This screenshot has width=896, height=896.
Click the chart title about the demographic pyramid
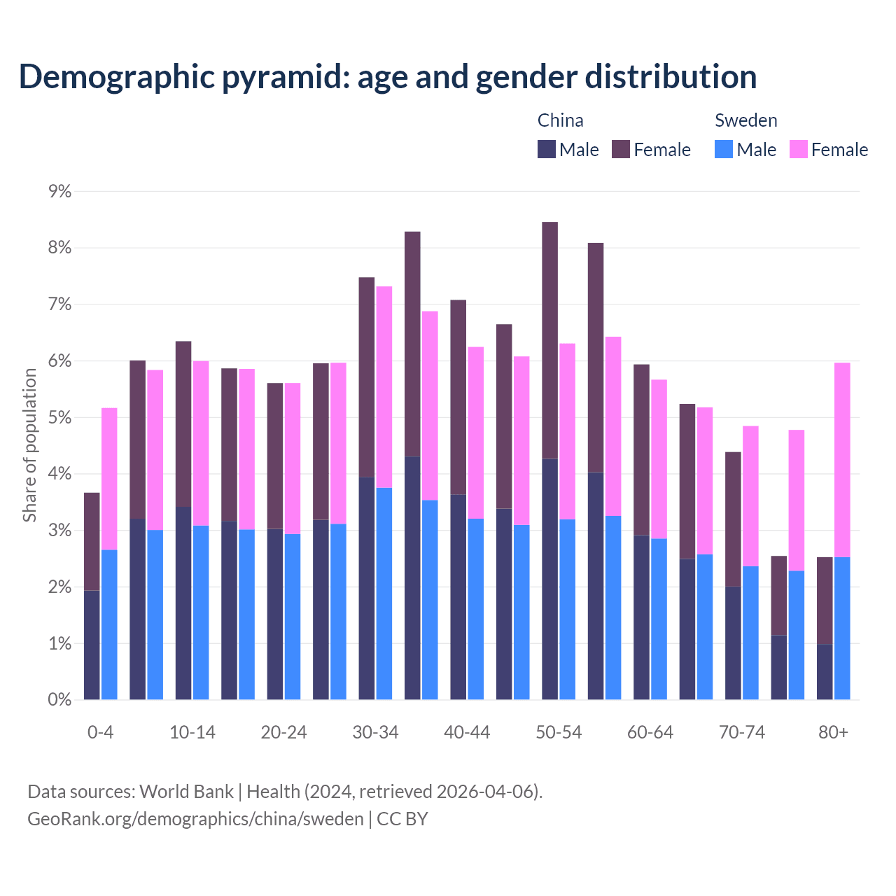coord(388,77)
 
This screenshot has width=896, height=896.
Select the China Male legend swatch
coord(546,149)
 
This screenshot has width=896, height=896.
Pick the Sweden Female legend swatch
coord(798,149)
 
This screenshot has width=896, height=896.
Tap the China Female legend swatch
coord(621,149)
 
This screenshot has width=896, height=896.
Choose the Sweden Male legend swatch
coord(724,149)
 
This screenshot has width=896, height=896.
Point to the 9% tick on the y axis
coord(59,191)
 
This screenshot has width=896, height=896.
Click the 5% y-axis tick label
coord(59,418)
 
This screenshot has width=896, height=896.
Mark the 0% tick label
coord(59,700)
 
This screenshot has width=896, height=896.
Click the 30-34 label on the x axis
coord(375,733)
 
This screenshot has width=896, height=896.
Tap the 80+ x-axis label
coord(833,733)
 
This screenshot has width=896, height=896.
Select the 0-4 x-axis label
coord(100,733)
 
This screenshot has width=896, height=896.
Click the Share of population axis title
coord(29,445)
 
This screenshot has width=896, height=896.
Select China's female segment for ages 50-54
coord(550,340)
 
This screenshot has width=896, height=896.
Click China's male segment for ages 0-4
coord(92,645)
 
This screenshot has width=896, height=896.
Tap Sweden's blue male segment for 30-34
coord(384,594)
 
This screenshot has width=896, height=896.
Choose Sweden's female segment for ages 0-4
coord(109,479)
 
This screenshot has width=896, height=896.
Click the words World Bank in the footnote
coord(186,792)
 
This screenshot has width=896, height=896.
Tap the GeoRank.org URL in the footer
coord(195,819)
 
